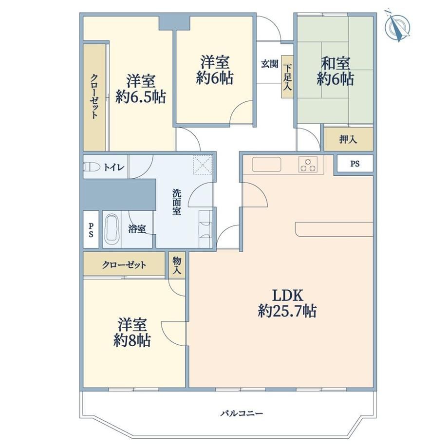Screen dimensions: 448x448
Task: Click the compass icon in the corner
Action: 397,26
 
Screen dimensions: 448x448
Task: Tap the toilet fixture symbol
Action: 92,167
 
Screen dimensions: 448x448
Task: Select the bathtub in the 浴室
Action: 112,229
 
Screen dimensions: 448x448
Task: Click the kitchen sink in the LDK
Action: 266,164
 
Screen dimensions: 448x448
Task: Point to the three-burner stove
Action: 308,164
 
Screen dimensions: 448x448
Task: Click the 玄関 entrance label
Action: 269,64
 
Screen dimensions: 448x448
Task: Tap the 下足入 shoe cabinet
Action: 287,77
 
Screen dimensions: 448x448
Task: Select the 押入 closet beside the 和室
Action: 348,139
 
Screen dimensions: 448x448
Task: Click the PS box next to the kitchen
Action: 355,164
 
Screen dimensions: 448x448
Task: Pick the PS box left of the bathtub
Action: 91,229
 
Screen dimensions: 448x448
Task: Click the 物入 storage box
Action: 177,265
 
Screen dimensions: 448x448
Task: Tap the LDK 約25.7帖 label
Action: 287,303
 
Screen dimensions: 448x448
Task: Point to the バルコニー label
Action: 242,413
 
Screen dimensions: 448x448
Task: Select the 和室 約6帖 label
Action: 336,71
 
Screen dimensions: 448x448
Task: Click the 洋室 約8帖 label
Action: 132,333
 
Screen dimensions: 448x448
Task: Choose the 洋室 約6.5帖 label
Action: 141,89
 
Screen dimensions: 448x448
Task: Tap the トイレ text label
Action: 114,167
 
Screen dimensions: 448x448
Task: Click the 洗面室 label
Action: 177,202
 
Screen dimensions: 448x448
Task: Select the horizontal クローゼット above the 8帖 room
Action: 124,264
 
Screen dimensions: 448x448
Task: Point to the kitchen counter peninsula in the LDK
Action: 334,229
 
